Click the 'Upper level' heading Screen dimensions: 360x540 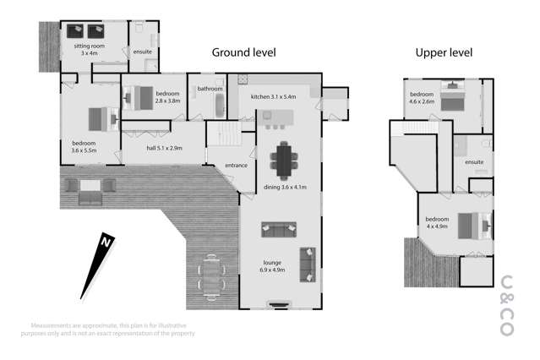point(444,52)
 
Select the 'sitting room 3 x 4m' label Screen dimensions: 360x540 point(85,48)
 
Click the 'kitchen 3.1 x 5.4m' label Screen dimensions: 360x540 point(273,96)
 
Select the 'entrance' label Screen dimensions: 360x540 point(236,165)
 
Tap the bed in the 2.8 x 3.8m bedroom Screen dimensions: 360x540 point(140,99)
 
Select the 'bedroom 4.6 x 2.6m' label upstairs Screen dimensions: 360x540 point(422,98)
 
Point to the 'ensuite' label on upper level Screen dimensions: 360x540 point(474,161)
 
